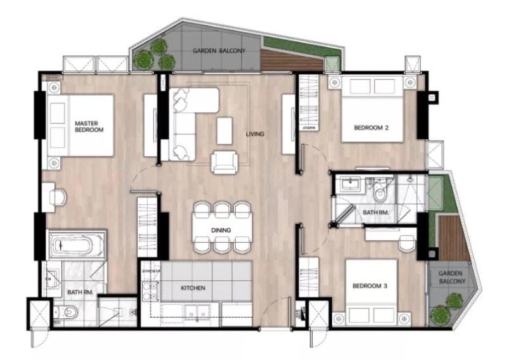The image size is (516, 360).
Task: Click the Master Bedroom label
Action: (89, 127)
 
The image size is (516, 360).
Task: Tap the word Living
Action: (255, 134)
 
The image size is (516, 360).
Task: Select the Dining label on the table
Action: (221, 230)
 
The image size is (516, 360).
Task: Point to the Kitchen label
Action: (193, 288)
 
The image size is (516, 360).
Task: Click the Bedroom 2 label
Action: (371, 127)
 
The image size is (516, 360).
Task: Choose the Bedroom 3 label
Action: (370, 286)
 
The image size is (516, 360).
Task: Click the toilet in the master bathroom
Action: (66, 312)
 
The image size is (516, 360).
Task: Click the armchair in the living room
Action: (224, 162)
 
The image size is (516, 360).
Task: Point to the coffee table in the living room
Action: (225, 131)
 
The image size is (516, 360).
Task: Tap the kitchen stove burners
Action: (150, 292)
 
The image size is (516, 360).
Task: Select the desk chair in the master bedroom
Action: (58, 198)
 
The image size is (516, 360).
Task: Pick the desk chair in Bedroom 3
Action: (407, 243)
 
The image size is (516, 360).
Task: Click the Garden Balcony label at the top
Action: (219, 51)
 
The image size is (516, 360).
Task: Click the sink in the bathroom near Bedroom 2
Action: (351, 184)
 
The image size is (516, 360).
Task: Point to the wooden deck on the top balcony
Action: (290, 61)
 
